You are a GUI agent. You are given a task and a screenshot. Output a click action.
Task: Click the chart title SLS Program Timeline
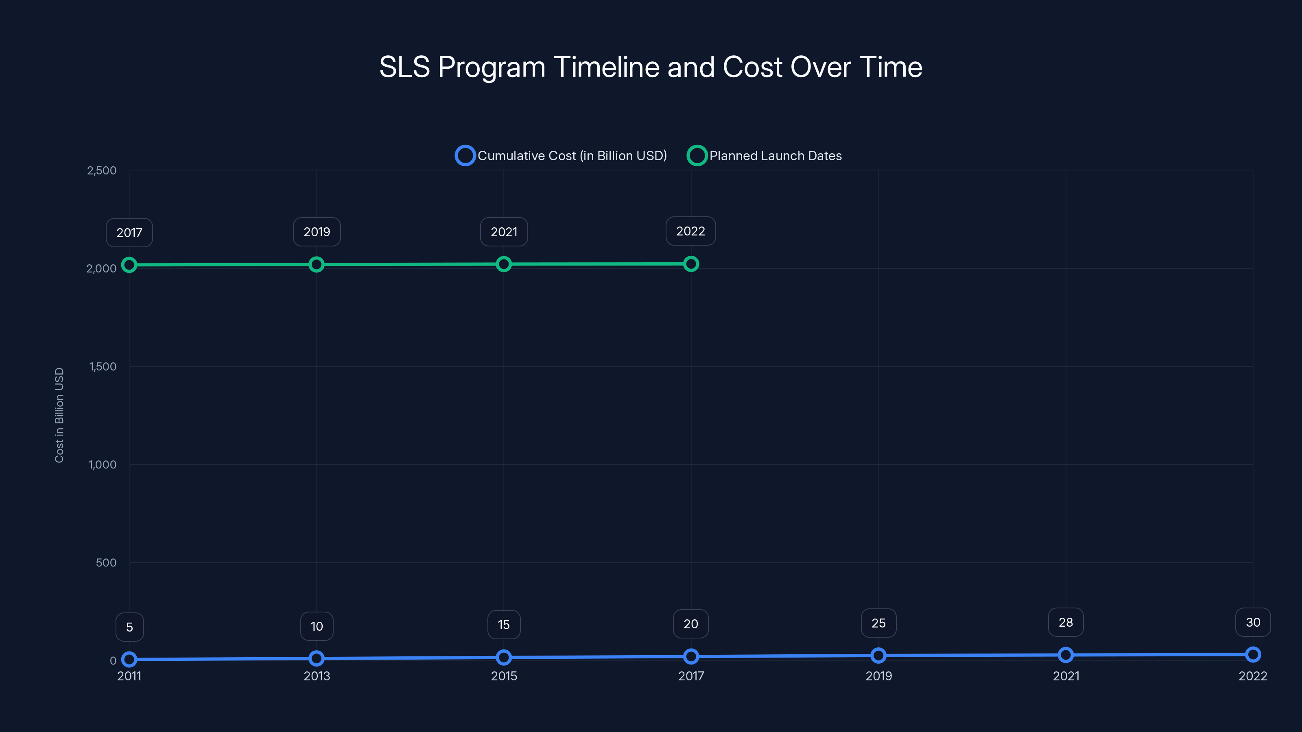(651, 67)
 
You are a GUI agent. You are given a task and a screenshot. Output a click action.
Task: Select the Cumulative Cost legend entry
(561, 156)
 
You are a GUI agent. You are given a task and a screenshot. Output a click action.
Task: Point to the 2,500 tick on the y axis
(102, 171)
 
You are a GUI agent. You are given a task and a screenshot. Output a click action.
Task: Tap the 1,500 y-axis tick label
(103, 367)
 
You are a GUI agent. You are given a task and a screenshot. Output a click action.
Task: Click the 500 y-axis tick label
(106, 563)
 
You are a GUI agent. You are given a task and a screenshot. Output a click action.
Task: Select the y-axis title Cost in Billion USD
(59, 415)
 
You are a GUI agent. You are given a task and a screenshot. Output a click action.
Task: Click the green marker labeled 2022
(691, 264)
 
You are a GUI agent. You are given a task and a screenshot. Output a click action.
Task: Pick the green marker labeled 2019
(317, 264)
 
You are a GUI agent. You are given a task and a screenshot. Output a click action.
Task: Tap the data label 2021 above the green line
(504, 232)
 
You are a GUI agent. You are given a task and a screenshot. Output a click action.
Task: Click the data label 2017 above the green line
(129, 233)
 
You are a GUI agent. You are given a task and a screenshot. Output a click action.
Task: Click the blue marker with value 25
(878, 656)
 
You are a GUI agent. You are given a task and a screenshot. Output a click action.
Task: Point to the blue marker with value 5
(129, 659)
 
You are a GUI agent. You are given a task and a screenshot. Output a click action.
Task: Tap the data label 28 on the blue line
(1066, 622)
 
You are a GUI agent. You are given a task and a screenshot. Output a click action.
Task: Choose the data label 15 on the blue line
(504, 625)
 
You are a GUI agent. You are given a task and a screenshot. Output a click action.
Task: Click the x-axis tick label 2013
(317, 676)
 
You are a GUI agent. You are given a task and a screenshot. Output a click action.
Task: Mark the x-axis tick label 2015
(504, 676)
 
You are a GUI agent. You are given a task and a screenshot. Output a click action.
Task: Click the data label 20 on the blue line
(691, 624)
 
